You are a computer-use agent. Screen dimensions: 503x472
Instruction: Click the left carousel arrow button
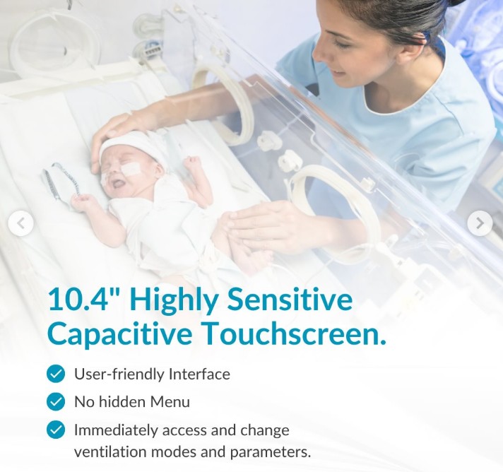tap(21, 223)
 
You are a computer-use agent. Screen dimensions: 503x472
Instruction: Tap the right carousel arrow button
tap(480, 223)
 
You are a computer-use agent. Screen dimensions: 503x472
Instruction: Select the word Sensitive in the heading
tap(290, 300)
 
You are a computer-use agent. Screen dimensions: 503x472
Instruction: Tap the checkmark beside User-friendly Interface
tap(56, 374)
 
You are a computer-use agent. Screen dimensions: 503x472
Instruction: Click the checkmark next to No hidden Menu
tap(56, 401)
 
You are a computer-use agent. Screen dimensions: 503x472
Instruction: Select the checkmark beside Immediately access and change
tap(56, 430)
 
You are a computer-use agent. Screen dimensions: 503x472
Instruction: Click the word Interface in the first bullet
tap(199, 374)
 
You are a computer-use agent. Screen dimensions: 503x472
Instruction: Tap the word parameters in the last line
tap(271, 452)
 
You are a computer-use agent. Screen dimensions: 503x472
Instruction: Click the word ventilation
tap(110, 452)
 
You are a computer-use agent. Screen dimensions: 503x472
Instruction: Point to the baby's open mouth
tap(118, 184)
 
